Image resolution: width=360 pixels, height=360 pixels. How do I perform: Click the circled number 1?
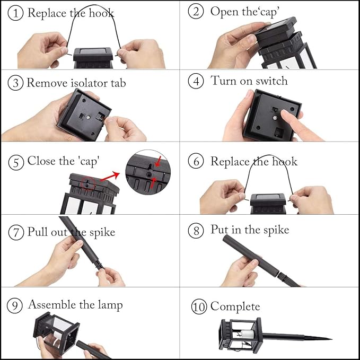[x=15, y=13]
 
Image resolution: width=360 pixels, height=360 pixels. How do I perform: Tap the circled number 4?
[x=196, y=81]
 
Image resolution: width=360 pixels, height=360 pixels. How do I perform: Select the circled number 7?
[x=16, y=232]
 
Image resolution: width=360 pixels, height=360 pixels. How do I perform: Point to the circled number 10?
[x=199, y=306]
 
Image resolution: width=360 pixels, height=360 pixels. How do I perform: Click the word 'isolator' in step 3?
[x=89, y=83]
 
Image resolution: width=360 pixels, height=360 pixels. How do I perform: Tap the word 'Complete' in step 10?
[x=235, y=307]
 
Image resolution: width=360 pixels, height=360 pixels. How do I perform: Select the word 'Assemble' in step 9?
[x=52, y=305]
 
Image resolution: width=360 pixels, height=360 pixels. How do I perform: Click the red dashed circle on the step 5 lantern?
[x=87, y=184]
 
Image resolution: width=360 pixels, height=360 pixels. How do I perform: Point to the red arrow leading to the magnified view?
[x=110, y=177]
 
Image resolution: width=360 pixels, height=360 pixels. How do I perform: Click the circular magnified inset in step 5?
[x=148, y=172]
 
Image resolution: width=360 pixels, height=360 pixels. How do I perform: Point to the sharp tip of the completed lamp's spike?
[x=332, y=339]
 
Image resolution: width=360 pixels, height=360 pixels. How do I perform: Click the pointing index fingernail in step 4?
[x=285, y=113]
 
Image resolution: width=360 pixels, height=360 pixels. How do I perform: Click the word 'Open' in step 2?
[x=224, y=12]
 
